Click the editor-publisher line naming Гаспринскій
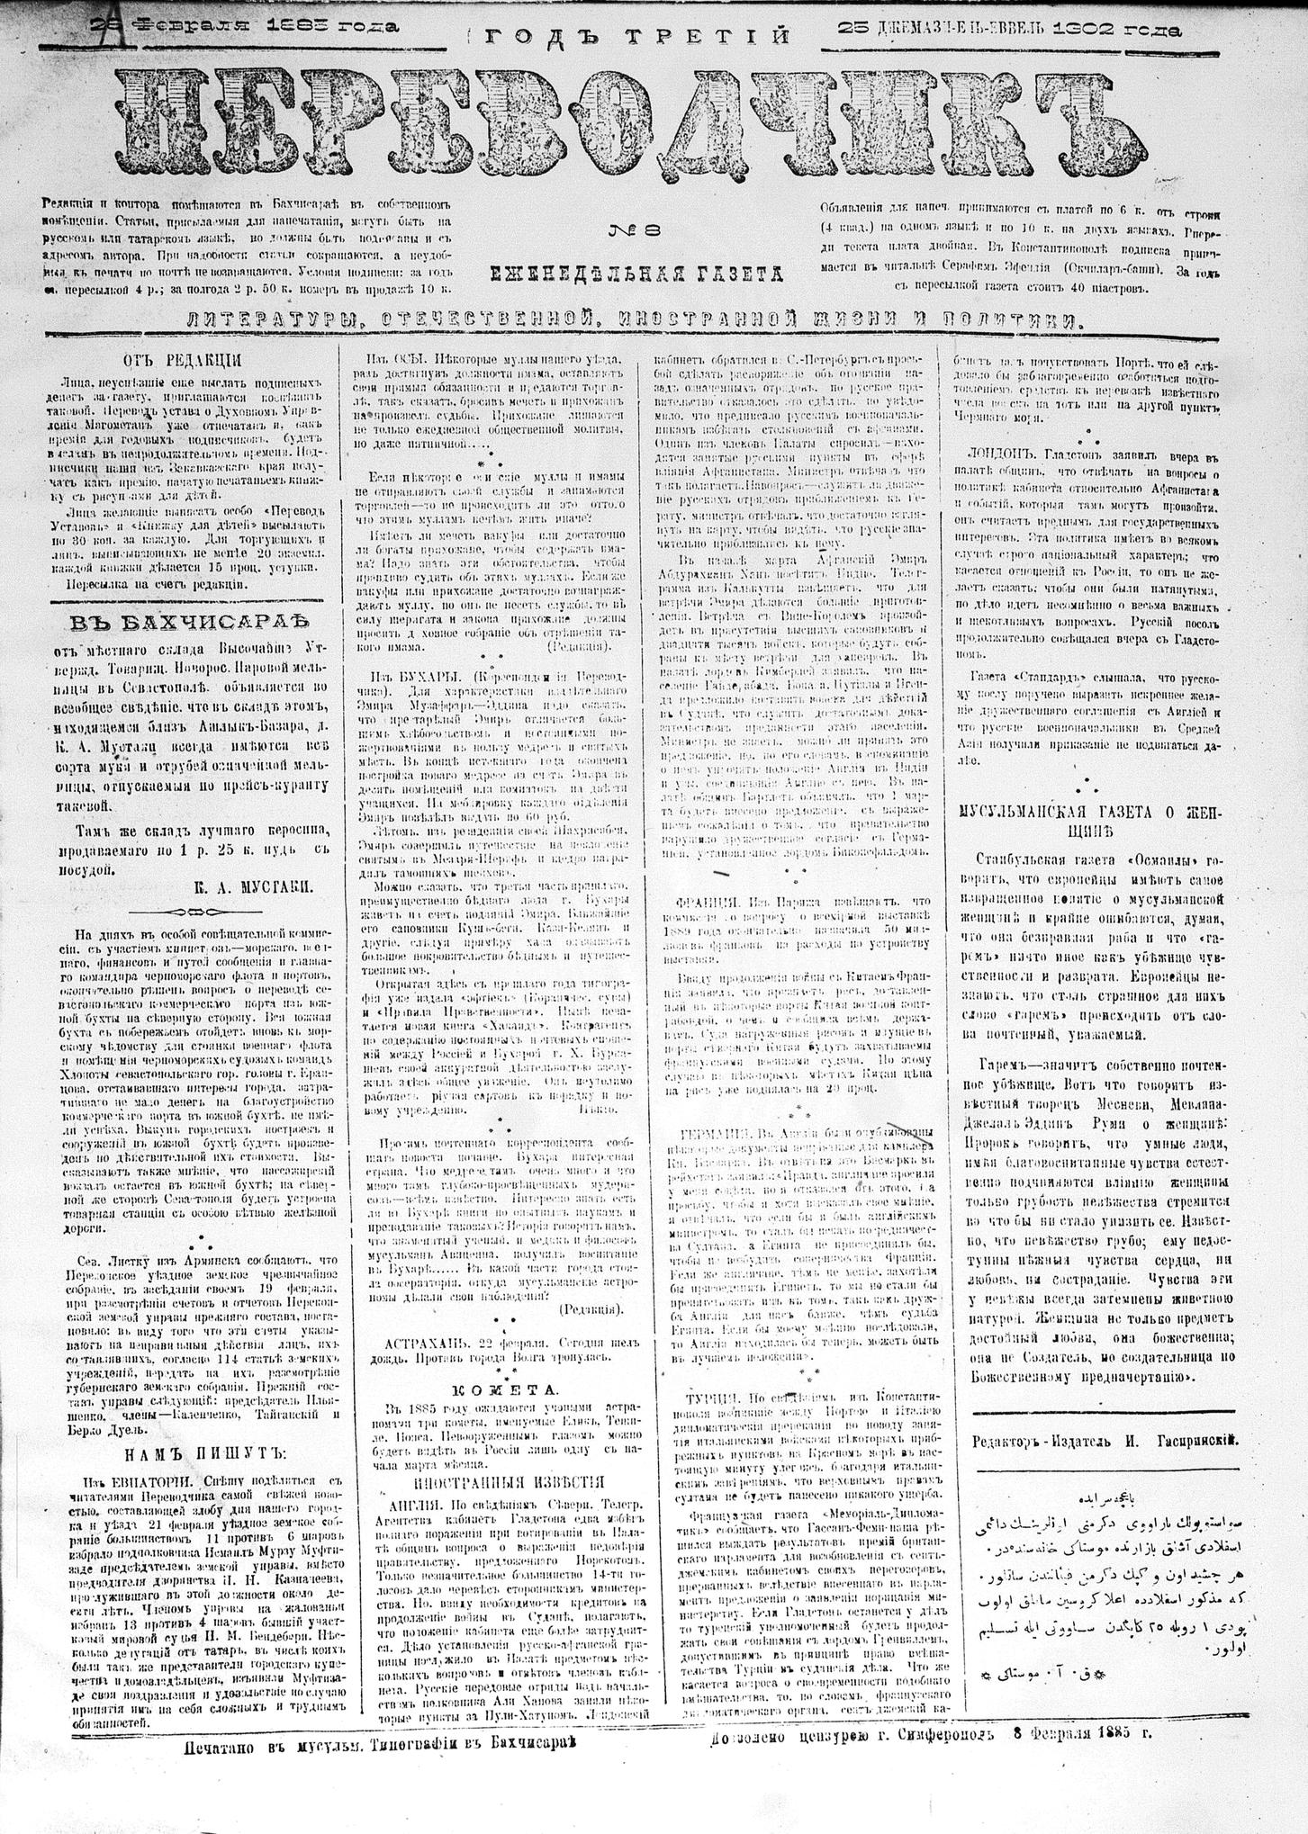1105,1440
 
